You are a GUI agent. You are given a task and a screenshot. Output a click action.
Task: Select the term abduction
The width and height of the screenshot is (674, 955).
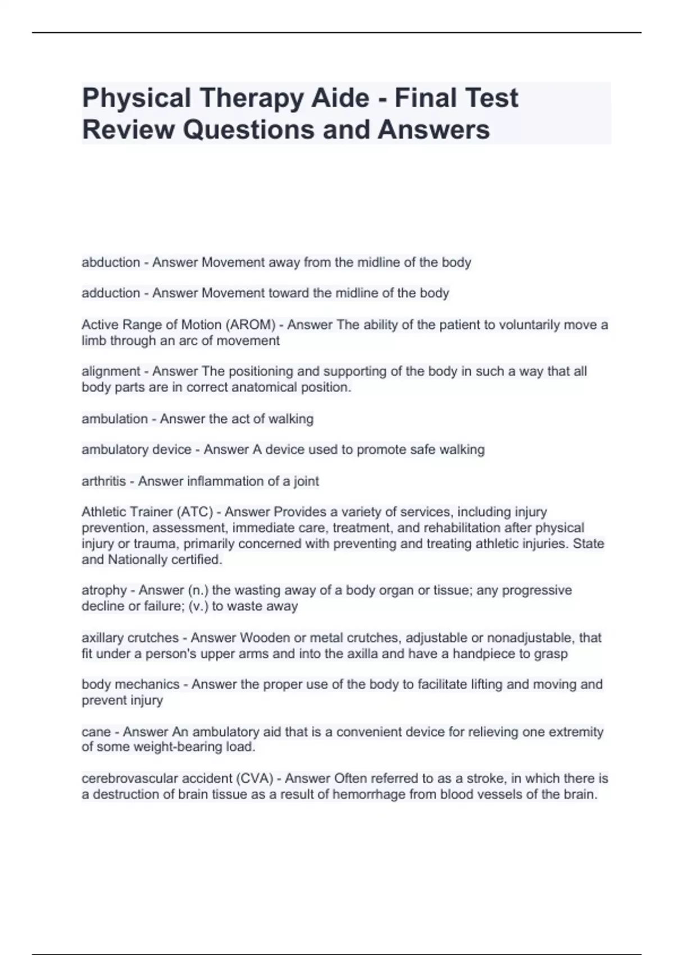pos(111,262)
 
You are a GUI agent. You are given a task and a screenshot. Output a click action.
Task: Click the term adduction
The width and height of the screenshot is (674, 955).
pos(111,293)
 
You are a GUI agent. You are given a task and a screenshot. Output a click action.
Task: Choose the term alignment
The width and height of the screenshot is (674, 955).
pos(111,371)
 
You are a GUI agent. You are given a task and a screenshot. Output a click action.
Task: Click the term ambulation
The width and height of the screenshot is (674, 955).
pos(115,419)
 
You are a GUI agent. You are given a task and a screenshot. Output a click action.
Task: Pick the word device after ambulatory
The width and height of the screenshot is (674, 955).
pos(169,450)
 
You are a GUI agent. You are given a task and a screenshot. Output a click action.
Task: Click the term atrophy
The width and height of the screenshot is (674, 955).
pos(104,590)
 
